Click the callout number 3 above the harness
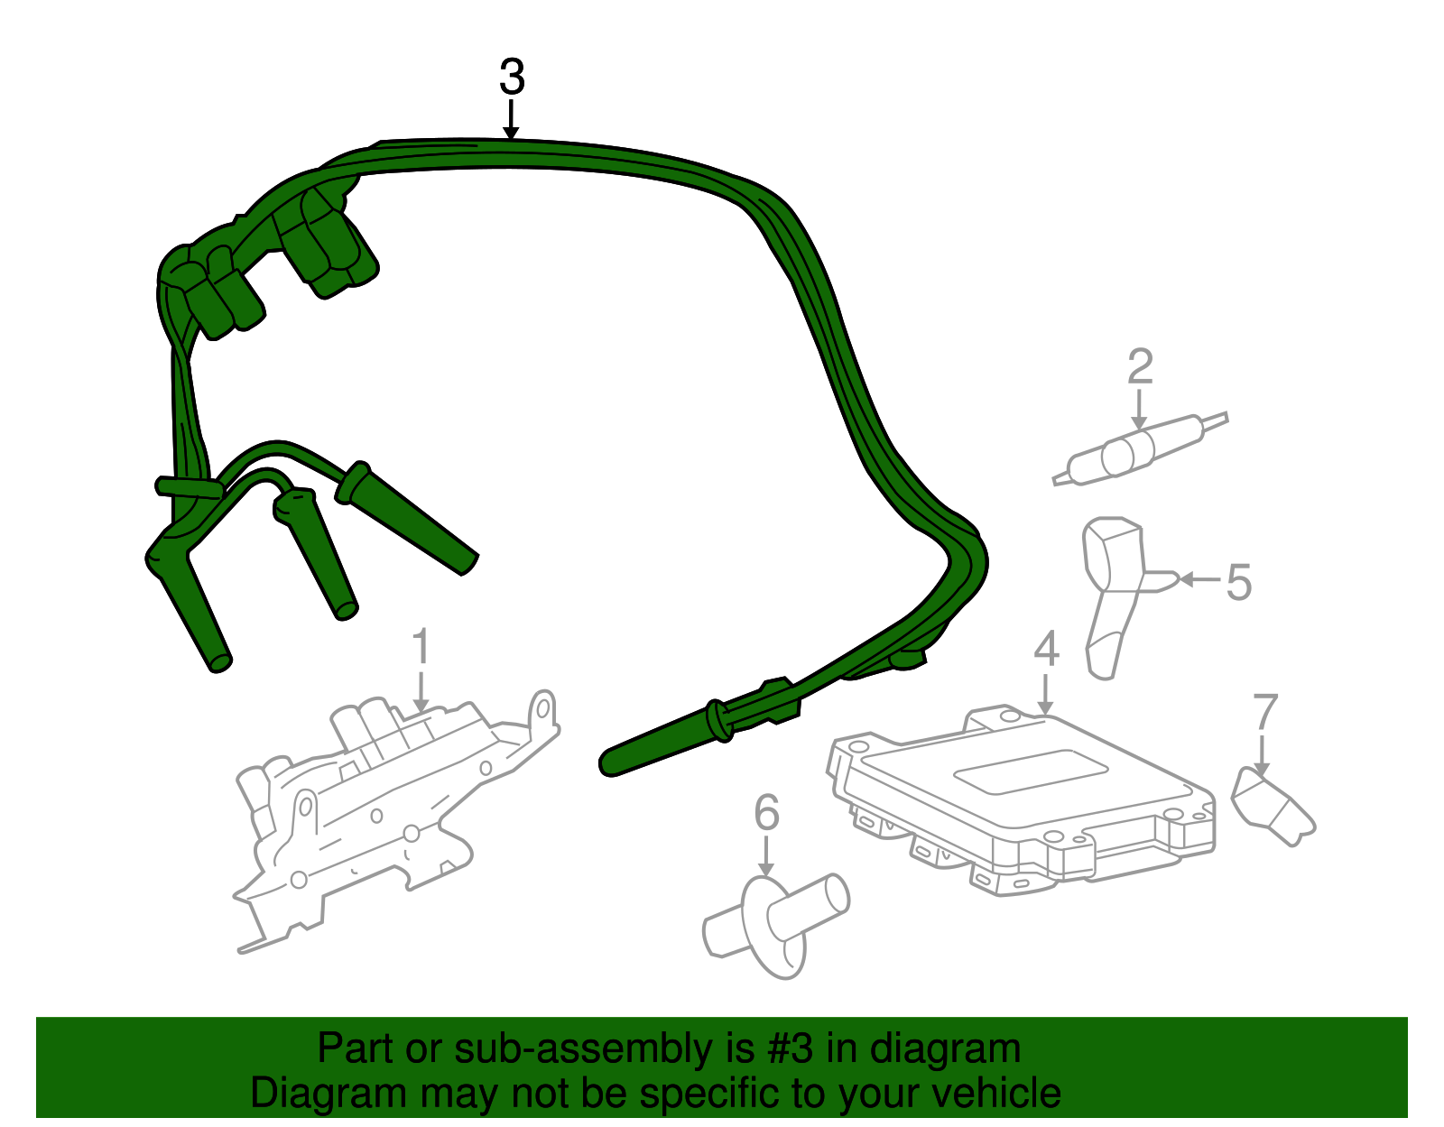point(512,78)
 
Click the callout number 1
point(421,649)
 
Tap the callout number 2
point(1140,367)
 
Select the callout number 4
point(1045,649)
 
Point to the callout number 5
point(1239,582)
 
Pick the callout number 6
point(766,813)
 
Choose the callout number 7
point(1265,713)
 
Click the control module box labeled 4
point(1020,794)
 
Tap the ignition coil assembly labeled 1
point(388,803)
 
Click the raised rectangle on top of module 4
point(1031,772)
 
